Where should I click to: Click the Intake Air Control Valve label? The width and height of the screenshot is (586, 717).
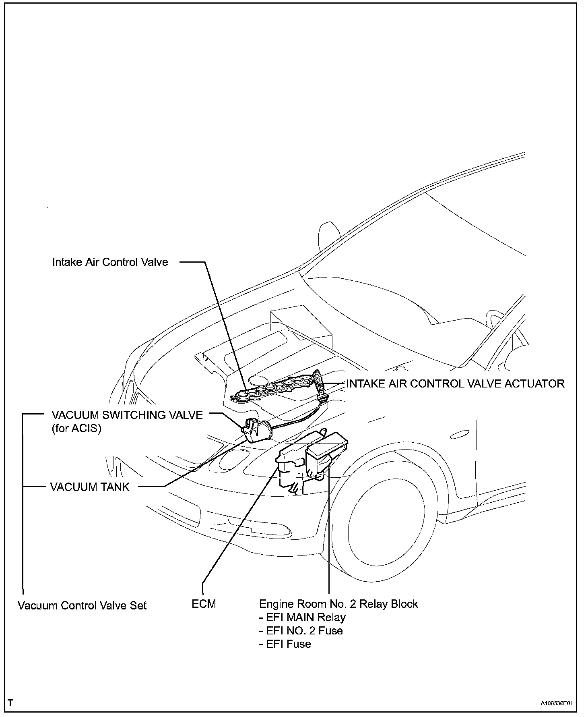(110, 262)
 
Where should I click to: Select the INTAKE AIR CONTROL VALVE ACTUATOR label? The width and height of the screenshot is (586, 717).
(455, 383)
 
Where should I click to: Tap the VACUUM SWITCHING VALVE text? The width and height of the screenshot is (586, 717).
(127, 415)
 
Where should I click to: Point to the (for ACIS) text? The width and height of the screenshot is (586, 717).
(76, 428)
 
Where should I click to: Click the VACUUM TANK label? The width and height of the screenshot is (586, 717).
(90, 487)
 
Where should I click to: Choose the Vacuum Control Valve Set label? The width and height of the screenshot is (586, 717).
(82, 605)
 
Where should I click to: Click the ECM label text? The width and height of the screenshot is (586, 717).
(204, 604)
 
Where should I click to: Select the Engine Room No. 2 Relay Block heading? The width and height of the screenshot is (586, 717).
(338, 604)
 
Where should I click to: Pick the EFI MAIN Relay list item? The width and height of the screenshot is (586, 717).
(302, 617)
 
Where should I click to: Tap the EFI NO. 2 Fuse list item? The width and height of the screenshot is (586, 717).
(301, 630)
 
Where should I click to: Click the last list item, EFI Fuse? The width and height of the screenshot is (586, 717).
(285, 644)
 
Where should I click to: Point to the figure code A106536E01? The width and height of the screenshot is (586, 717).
(556, 703)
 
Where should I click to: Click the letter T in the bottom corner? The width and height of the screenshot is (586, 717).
(10, 703)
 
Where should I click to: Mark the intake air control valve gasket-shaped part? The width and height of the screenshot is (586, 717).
(274, 389)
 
